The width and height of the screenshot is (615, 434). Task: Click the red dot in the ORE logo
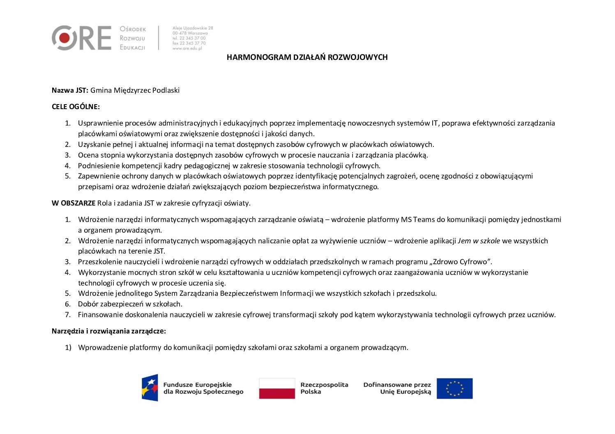(x=64, y=38)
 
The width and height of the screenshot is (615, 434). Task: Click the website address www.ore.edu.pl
(x=187, y=48)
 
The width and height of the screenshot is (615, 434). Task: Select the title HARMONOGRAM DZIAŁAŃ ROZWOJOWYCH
(x=307, y=57)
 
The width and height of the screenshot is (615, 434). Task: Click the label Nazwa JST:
(x=70, y=90)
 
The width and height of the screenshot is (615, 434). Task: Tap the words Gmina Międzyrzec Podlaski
(x=135, y=90)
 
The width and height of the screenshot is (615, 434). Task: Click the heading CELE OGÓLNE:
(x=76, y=107)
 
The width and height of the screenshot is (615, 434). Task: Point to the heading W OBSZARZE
(x=74, y=203)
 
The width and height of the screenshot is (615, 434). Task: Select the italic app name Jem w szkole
(x=479, y=241)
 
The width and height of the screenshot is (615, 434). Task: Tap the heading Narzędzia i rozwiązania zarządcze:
(x=109, y=331)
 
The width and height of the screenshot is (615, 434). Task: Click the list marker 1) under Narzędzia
(x=68, y=347)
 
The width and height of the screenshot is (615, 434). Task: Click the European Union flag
(x=454, y=388)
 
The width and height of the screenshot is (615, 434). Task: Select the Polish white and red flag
(x=277, y=388)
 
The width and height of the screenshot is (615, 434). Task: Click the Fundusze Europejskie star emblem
(x=150, y=388)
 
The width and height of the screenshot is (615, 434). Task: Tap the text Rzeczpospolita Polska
(x=324, y=388)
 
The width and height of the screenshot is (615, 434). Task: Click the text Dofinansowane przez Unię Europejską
(x=397, y=388)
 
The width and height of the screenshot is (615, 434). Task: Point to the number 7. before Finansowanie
(x=68, y=315)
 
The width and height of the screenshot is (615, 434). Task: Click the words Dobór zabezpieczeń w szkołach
(x=130, y=304)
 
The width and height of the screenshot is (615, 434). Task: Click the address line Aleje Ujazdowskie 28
(x=193, y=28)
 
